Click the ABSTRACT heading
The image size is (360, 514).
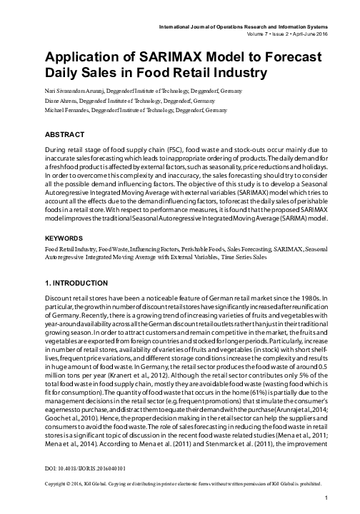66,133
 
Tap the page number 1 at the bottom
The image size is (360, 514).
325,497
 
